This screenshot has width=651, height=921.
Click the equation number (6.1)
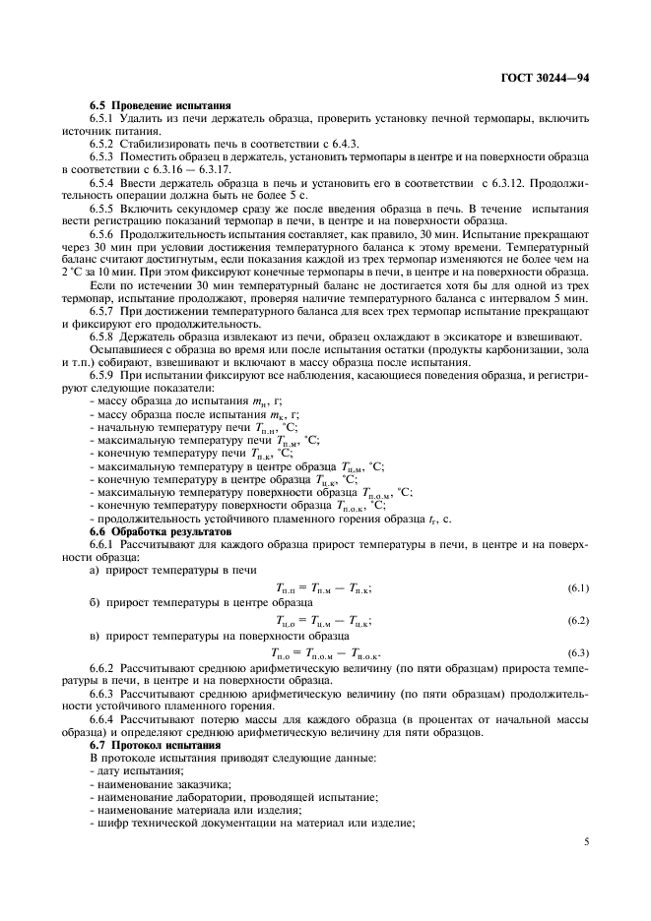pyautogui.click(x=577, y=587)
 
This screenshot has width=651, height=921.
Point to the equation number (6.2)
pyautogui.click(x=577, y=620)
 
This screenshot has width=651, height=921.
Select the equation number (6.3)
pyautogui.click(x=577, y=653)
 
